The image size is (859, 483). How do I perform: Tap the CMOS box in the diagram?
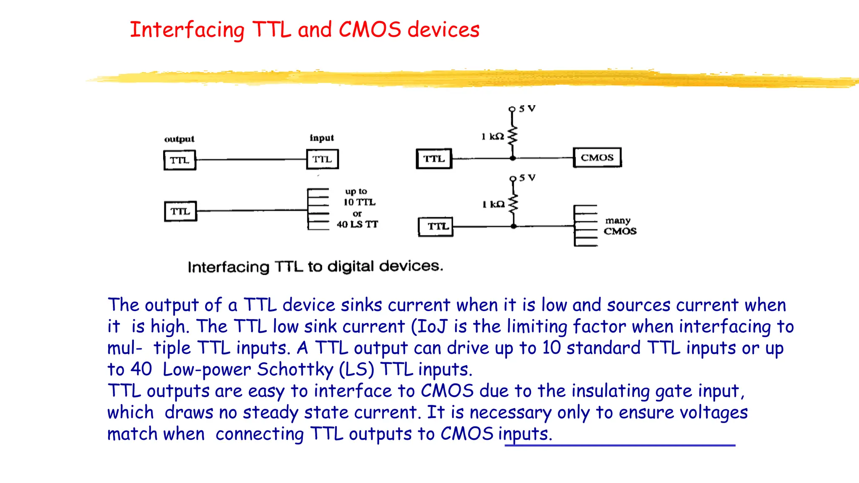point(597,158)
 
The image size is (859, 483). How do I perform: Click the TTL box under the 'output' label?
point(180,160)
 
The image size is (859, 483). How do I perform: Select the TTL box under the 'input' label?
point(322,159)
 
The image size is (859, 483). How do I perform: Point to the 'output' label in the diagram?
point(179,139)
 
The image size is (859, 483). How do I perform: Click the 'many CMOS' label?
point(620,226)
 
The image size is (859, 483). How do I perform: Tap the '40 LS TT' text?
point(357,224)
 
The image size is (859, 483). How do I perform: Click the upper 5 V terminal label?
point(527,109)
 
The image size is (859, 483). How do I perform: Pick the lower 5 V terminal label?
point(527,178)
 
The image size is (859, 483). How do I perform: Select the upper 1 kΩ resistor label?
point(492,136)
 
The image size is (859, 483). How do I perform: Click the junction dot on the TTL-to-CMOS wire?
point(513,158)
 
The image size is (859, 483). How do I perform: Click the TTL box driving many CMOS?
point(436,226)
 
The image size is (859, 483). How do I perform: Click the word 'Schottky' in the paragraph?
point(295,369)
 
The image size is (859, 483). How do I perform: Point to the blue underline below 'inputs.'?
point(620,445)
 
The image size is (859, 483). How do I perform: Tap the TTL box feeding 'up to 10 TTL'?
point(180,211)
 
